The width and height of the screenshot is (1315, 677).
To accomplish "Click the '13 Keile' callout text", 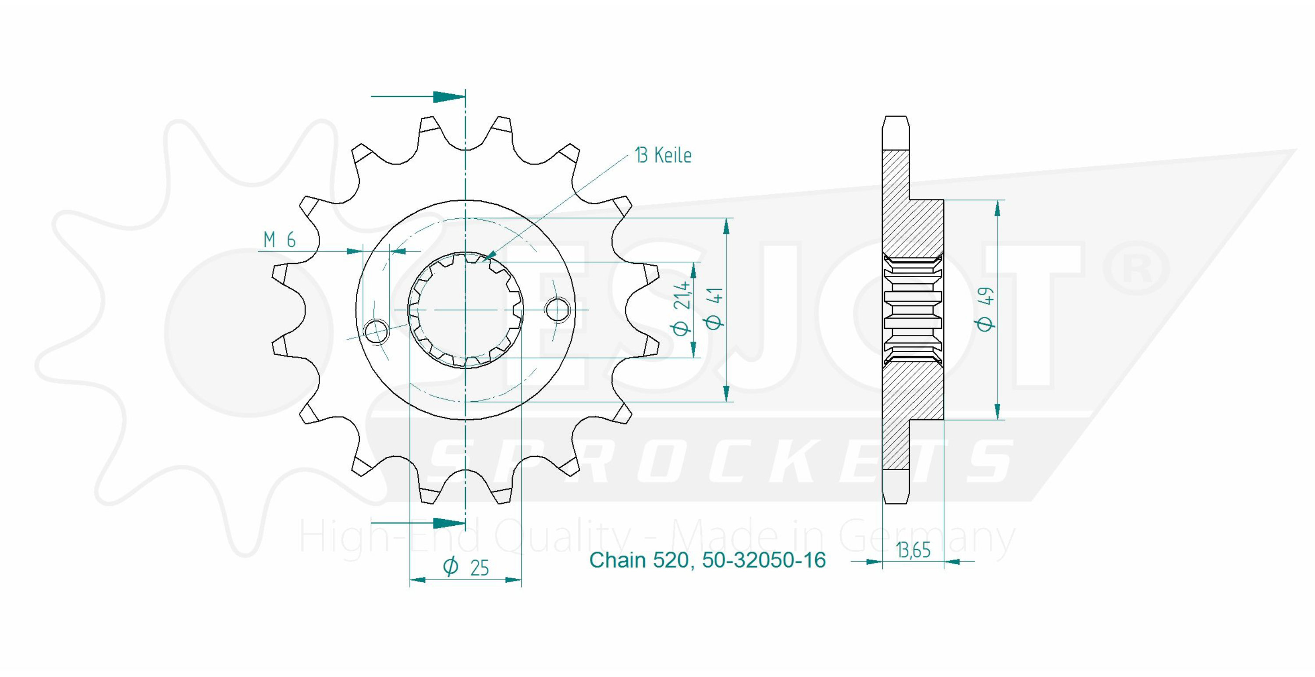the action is (663, 155).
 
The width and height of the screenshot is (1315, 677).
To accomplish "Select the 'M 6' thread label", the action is (280, 239).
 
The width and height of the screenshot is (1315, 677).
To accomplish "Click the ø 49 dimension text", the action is (987, 309).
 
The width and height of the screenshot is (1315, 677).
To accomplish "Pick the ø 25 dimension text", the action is (466, 567).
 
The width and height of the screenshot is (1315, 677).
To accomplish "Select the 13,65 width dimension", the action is (913, 550).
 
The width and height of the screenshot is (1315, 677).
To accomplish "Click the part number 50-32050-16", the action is (764, 560).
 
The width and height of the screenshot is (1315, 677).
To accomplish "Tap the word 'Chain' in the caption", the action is (618, 560).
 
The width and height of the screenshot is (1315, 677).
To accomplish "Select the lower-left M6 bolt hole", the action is (377, 331).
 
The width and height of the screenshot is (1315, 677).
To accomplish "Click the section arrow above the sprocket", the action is (418, 96).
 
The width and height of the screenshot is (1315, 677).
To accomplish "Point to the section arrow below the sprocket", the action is (418, 523).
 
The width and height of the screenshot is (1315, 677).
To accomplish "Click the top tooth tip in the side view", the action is (896, 118).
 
